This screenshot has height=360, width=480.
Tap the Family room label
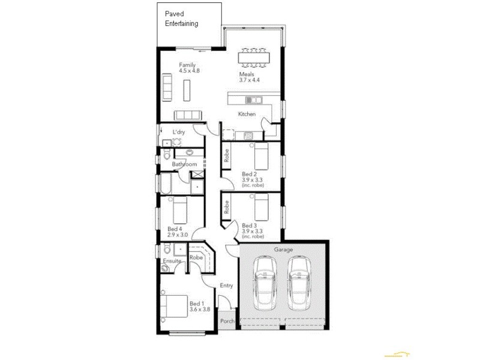click(x=187, y=65)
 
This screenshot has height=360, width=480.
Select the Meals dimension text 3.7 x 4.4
click(x=250, y=80)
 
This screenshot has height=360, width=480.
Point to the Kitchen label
click(x=247, y=114)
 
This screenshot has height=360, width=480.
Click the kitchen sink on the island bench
click(x=254, y=100)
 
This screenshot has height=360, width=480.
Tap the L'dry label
click(x=179, y=132)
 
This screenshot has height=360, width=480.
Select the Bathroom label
click(x=184, y=164)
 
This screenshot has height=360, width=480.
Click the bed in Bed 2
click(x=262, y=158)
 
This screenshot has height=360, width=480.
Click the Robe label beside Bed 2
click(x=227, y=156)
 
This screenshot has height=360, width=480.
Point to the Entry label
click(x=226, y=286)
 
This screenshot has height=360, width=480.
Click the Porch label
click(x=227, y=322)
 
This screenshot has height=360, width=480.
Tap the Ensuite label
click(x=172, y=261)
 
